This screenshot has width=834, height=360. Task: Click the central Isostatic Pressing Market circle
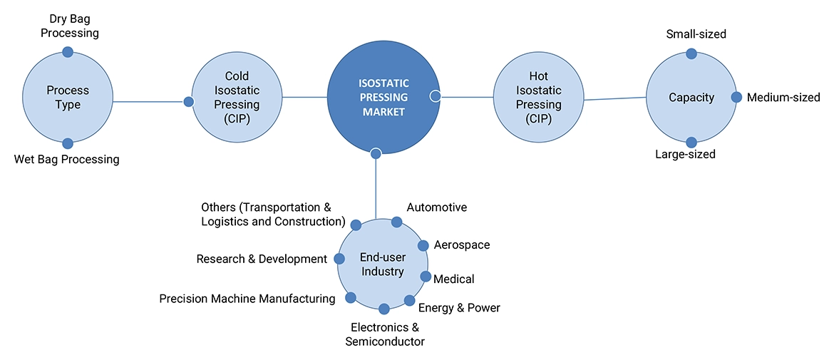pyautogui.click(x=381, y=98)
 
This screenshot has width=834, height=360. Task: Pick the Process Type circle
pyautogui.click(x=68, y=98)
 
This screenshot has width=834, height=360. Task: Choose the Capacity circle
pyautogui.click(x=691, y=98)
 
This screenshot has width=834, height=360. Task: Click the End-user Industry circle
pyautogui.click(x=382, y=264)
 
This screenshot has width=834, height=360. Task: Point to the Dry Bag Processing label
pyautogui.click(x=69, y=25)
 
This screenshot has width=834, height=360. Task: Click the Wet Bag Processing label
pyautogui.click(x=66, y=159)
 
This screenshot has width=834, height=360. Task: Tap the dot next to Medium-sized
pyautogui.click(x=736, y=97)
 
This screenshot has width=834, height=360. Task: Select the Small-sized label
pyautogui.click(x=696, y=34)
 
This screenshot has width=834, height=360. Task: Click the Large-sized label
pyautogui.click(x=685, y=154)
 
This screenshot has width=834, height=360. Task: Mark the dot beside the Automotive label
pyautogui.click(x=397, y=222)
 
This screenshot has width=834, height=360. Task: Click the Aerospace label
pyautogui.click(x=462, y=245)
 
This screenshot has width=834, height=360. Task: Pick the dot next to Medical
pyautogui.click(x=426, y=277)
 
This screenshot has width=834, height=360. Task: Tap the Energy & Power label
pyautogui.click(x=459, y=308)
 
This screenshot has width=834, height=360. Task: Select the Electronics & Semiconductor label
pyautogui.click(x=385, y=334)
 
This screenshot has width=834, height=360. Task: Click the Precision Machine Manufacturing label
pyautogui.click(x=247, y=299)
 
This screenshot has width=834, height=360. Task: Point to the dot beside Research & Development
pyautogui.click(x=339, y=259)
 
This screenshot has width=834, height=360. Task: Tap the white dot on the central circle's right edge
pyautogui.click(x=435, y=96)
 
